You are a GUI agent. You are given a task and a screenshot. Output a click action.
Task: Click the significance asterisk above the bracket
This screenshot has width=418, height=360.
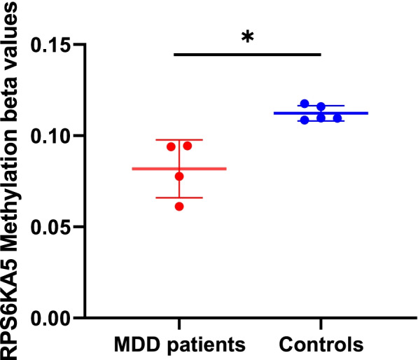[246, 37]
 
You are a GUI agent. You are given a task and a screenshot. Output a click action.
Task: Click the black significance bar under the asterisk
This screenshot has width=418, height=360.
[246, 54]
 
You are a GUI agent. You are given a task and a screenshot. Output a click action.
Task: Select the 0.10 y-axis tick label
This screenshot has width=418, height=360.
[54, 136]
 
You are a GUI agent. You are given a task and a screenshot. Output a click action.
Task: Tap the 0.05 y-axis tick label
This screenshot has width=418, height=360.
[54, 228]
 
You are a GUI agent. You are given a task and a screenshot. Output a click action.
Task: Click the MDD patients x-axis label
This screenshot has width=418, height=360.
[180, 344]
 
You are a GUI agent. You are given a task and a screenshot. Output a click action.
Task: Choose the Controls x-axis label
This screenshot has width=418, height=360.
[321, 344]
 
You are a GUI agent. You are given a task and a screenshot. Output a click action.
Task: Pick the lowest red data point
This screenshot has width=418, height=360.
[179, 206]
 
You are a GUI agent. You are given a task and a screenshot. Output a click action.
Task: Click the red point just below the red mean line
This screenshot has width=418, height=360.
[179, 176]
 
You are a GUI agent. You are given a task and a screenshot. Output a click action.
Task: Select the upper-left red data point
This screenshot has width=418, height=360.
[171, 146]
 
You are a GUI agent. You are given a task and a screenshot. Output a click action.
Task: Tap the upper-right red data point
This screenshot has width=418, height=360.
[188, 146]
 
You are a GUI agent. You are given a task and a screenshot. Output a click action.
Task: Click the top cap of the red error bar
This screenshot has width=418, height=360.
[179, 140]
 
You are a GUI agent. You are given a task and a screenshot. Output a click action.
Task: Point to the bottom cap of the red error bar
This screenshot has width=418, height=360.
[179, 198]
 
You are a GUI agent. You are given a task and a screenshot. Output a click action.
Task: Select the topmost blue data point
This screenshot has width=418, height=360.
[305, 104]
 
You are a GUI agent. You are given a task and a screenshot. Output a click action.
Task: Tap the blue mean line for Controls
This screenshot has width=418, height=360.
[350, 113]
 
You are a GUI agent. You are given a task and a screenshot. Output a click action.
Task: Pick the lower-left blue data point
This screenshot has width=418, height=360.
[305, 120]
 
